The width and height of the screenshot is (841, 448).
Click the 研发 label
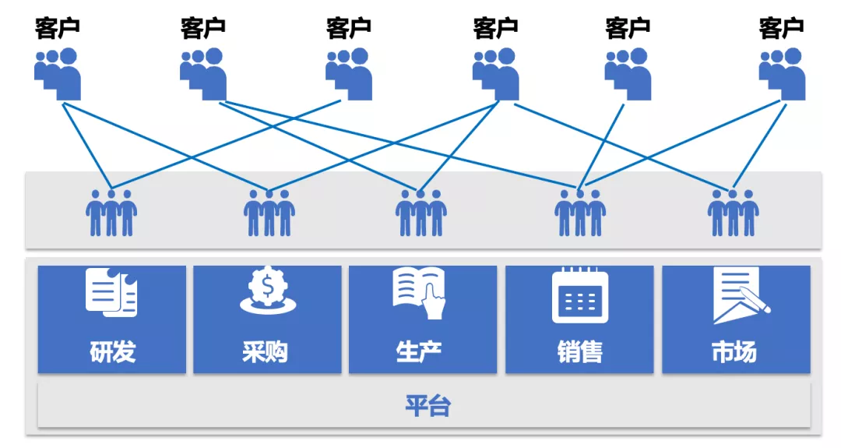coord(112,352)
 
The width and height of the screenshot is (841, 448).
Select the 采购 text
coord(265,352)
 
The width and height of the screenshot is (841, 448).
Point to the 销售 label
coord(580,352)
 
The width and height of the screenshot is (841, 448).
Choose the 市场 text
coord(734,352)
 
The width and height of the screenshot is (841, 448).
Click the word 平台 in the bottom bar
coord(428,406)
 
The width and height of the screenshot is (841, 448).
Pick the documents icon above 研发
coord(111,292)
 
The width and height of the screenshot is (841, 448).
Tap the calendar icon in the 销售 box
coord(580,295)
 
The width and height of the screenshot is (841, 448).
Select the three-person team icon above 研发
coord(111,213)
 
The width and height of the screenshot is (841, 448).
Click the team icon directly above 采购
coord(269,213)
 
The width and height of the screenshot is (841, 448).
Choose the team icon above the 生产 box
coord(420,213)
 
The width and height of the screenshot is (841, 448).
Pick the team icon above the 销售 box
coord(580,213)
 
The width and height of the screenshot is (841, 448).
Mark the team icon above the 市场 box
coord(733,213)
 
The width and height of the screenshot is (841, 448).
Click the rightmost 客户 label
coord(781,29)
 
